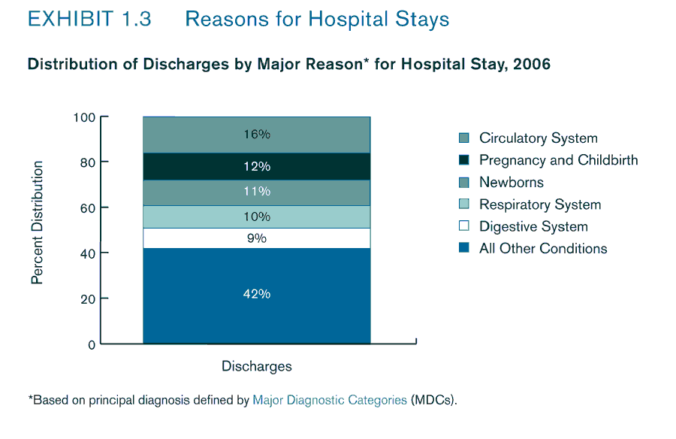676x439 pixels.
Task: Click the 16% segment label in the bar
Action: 256,135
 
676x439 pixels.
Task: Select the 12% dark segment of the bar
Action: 256,166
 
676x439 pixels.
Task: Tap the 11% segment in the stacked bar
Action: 256,192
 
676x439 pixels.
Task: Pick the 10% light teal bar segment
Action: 256,216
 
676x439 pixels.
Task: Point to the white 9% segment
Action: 256,238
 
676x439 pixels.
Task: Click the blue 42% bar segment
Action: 256,295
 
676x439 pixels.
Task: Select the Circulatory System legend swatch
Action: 463,138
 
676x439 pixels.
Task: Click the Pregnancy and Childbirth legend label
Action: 558,160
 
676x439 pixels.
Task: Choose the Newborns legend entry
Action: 511,183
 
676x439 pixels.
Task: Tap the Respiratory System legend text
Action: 539,204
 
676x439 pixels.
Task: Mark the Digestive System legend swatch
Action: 463,227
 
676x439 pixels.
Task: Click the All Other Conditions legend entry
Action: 542,249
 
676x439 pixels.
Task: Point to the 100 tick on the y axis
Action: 84,117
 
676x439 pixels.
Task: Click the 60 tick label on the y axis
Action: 87,207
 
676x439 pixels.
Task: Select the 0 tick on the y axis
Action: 92,344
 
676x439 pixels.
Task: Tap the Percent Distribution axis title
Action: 37,223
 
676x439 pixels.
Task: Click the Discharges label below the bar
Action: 256,367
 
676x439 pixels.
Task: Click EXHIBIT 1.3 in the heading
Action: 89,20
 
